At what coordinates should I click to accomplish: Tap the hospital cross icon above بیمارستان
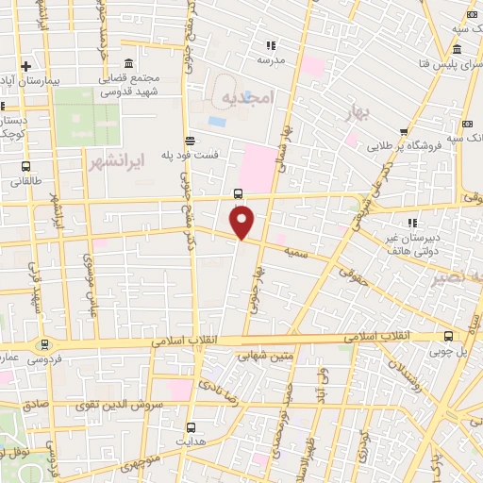[26, 66]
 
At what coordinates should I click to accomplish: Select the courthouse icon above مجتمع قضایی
[128, 62]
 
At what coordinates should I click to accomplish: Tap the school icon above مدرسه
[271, 45]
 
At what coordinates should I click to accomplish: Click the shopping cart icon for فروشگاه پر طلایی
[404, 132]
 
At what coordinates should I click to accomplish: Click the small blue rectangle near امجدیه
[216, 122]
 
